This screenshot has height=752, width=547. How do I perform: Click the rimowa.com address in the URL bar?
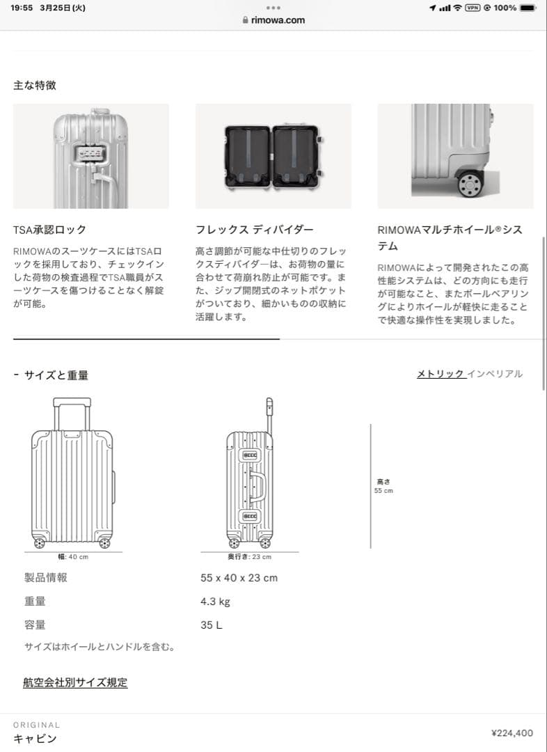click(x=278, y=20)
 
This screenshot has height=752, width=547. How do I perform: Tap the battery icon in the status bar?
click(x=528, y=8)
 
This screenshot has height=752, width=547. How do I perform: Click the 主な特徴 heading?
click(x=35, y=85)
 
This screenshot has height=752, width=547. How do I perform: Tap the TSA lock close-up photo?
click(x=91, y=156)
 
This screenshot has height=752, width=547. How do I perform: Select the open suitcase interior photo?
click(x=273, y=156)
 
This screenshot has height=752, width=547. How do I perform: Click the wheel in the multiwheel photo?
click(x=470, y=183)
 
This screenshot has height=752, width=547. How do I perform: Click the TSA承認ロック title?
click(x=49, y=230)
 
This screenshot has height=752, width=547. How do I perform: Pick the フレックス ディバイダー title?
click(x=255, y=230)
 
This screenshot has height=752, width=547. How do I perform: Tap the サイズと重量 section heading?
click(x=56, y=375)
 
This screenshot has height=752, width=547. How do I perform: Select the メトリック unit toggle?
click(x=440, y=374)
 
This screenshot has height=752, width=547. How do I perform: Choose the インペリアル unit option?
click(x=495, y=374)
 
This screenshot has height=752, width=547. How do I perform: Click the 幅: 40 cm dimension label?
click(x=73, y=557)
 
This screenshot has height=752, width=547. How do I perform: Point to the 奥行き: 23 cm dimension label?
click(x=249, y=557)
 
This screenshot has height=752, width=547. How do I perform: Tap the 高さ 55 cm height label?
click(x=383, y=485)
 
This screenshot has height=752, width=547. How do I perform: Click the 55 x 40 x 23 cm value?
click(x=239, y=578)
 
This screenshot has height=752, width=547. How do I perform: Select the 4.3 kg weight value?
click(x=215, y=602)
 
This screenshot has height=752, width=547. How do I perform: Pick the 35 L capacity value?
click(x=212, y=625)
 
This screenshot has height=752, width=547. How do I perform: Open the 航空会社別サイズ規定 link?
click(x=75, y=682)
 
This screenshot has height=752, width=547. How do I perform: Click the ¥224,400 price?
click(x=512, y=733)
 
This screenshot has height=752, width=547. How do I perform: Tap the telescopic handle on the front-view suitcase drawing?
click(x=72, y=404)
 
